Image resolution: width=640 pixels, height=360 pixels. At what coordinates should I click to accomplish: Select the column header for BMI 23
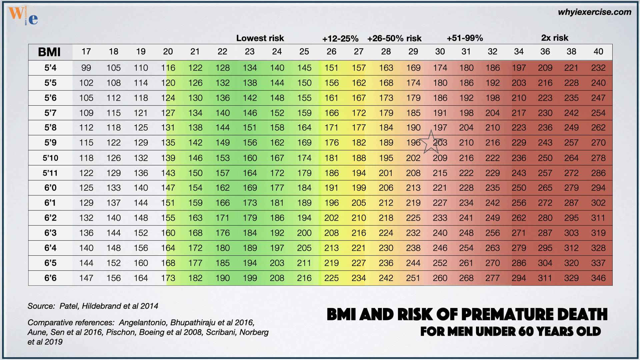pos(249,52)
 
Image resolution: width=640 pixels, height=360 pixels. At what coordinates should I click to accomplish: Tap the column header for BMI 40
pos(598,52)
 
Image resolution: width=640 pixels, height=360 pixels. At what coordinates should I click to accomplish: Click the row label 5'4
pos(50,68)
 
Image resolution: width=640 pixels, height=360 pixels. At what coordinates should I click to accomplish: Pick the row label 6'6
pos(50,278)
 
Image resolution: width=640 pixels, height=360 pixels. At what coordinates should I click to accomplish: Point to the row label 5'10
pos(50,158)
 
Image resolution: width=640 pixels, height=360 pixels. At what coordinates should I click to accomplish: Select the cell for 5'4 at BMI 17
pos(86,68)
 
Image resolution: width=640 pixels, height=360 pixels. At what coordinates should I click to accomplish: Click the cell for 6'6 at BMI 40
pos(598,278)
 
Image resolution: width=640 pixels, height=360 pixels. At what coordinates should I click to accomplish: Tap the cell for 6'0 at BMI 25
pos(304,188)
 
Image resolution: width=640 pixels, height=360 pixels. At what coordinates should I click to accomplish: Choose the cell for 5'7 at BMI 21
pos(195,113)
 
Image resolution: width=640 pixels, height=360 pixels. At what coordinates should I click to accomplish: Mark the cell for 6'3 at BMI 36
pos(545,233)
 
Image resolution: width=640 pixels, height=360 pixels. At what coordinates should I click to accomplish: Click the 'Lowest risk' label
pos(260,38)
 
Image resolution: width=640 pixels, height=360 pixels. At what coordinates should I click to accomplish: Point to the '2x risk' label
pos(555,38)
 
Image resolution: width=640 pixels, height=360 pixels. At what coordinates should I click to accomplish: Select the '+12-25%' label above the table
pos(340,39)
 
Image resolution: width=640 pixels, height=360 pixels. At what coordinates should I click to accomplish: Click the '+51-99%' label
pos(465,38)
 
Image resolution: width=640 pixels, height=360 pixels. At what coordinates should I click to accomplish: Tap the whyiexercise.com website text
pos(594,12)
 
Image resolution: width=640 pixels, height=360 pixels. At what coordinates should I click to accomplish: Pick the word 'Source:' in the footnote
pos(41,306)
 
